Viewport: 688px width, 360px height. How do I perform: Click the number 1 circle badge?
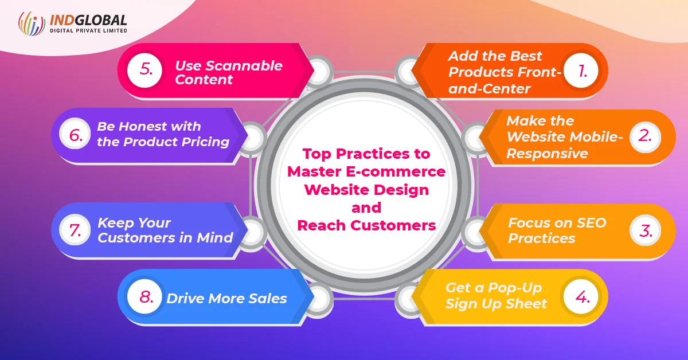coord(581,71)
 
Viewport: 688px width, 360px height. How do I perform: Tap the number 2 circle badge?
coord(645,136)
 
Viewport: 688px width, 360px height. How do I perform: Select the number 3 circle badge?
coord(645,230)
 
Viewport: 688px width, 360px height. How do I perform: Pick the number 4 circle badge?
coord(581,296)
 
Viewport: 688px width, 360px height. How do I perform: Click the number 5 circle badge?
coord(144,70)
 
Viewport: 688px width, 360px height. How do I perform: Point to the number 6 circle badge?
coord(75,134)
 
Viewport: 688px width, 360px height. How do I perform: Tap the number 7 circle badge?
coord(75,229)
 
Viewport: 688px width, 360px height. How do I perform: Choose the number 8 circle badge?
coord(144,296)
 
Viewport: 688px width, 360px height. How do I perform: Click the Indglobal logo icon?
coord(32,24)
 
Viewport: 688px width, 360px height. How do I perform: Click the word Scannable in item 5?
coord(244,66)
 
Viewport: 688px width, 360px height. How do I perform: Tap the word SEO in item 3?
coord(591,222)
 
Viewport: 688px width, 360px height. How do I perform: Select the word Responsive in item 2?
coord(547,153)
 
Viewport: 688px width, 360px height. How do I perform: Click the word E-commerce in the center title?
coord(396,171)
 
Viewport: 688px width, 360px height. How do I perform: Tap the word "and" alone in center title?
coord(366,208)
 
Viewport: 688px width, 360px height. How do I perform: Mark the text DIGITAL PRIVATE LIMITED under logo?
coord(88,30)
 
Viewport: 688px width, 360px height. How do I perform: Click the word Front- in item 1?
coord(539,72)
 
